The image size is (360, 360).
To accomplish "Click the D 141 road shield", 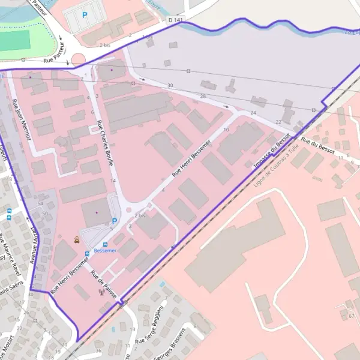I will pos(175,20).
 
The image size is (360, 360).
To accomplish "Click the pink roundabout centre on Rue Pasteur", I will pos(79,59).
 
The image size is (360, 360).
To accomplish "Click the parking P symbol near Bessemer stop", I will pos(114,221).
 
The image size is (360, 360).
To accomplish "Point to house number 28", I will pos(203,96).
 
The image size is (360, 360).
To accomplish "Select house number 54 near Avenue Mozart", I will pos(40,205).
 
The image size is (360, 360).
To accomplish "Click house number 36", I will pos(98,350).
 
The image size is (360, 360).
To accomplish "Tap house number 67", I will pos(351,315).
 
